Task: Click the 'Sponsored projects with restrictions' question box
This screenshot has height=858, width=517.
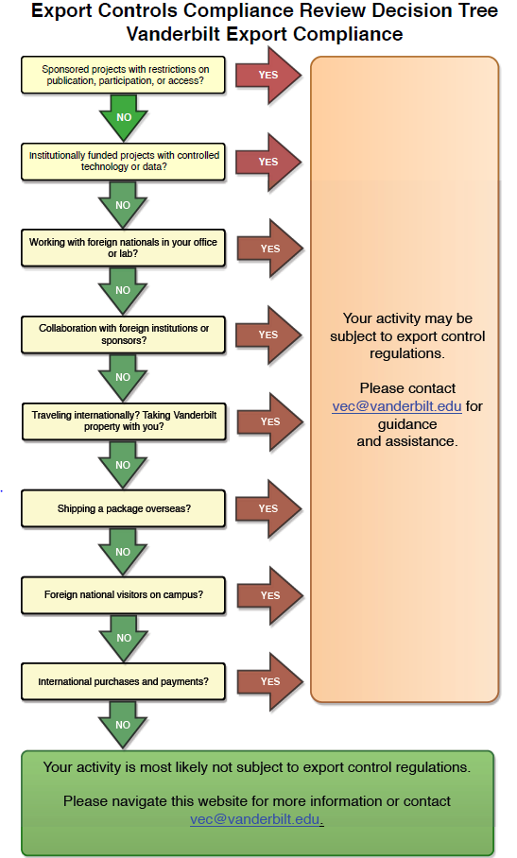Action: coord(123,75)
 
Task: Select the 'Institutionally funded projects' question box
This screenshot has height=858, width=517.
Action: coord(123,162)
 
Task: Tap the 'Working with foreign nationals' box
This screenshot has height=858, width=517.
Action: coord(123,248)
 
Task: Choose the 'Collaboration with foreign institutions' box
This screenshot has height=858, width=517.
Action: coord(123,335)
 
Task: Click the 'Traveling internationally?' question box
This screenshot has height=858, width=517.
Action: coord(124,421)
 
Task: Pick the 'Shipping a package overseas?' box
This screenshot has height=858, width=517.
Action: coord(123,508)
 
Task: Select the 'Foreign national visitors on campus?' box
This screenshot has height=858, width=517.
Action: coord(123,594)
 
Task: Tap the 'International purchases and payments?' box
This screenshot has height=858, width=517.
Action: coord(123,682)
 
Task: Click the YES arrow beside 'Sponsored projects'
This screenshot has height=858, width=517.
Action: coord(268,75)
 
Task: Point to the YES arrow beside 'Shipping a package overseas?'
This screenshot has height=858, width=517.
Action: coord(268,508)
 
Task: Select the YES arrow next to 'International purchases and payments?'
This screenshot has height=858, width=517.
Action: coord(269,681)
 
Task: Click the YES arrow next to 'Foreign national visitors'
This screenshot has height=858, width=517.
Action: coord(269,595)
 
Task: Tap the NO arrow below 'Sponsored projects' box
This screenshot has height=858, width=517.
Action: coord(124,116)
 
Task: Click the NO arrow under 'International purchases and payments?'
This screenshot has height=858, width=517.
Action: coord(123,724)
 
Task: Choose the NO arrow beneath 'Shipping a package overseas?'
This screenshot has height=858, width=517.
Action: coord(123,551)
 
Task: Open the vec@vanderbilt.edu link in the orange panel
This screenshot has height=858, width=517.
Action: coord(397,406)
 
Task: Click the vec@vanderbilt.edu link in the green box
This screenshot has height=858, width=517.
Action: coord(255,819)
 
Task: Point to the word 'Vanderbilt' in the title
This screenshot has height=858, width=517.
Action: coord(174,34)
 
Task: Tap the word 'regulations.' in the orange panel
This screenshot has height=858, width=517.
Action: coord(407,353)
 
